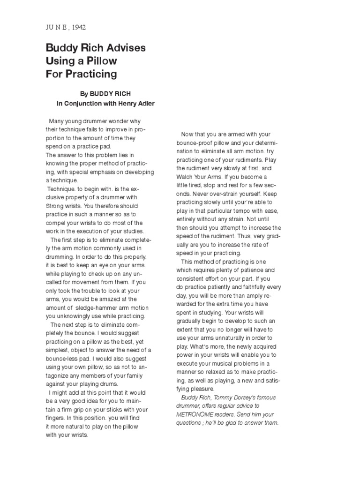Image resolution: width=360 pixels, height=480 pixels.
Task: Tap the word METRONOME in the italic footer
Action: [196, 414]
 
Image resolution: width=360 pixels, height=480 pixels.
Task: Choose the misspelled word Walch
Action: [186, 177]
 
